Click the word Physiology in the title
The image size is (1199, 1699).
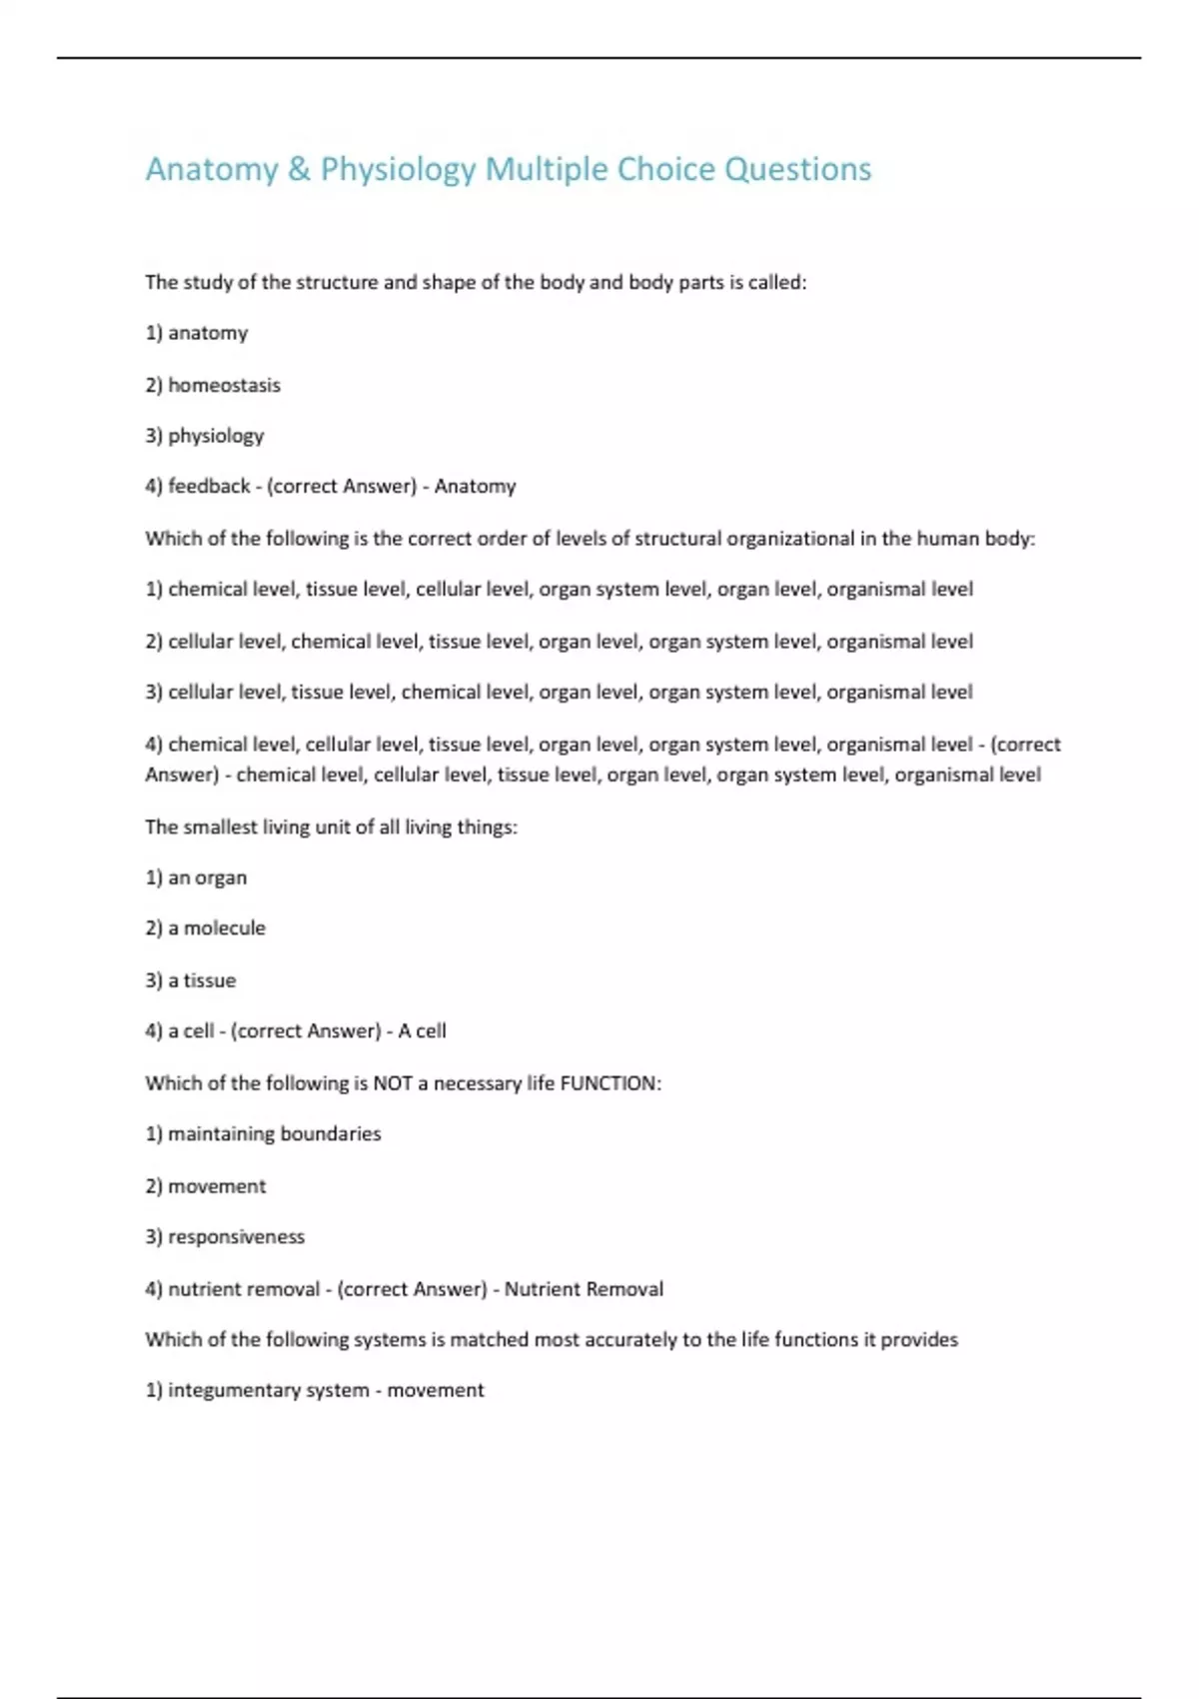pyautogui.click(x=398, y=170)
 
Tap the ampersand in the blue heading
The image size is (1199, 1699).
pyautogui.click(x=299, y=170)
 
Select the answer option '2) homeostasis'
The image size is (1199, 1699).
pyautogui.click(x=213, y=385)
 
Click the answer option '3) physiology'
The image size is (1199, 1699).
pyautogui.click(x=205, y=436)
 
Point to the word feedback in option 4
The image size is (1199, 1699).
pyautogui.click(x=209, y=487)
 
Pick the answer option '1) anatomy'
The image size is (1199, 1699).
pyautogui.click(x=197, y=333)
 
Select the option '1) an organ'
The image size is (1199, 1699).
pyautogui.click(x=196, y=877)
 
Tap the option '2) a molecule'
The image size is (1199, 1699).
pyautogui.click(x=205, y=928)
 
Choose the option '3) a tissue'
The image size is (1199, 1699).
pyautogui.click(x=191, y=980)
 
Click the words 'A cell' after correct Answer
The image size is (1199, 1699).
pyautogui.click(x=422, y=1031)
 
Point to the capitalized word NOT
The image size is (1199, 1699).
pyautogui.click(x=393, y=1083)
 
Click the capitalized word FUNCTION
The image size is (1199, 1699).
pyautogui.click(x=609, y=1083)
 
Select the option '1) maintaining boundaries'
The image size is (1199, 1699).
pyautogui.click(x=263, y=1134)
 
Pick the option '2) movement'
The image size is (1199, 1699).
pyautogui.click(x=205, y=1186)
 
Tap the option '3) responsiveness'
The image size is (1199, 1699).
pyautogui.click(x=225, y=1237)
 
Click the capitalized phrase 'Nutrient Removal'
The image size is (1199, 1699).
pyautogui.click(x=584, y=1289)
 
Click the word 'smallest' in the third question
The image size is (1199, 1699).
pyautogui.click(x=219, y=828)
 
